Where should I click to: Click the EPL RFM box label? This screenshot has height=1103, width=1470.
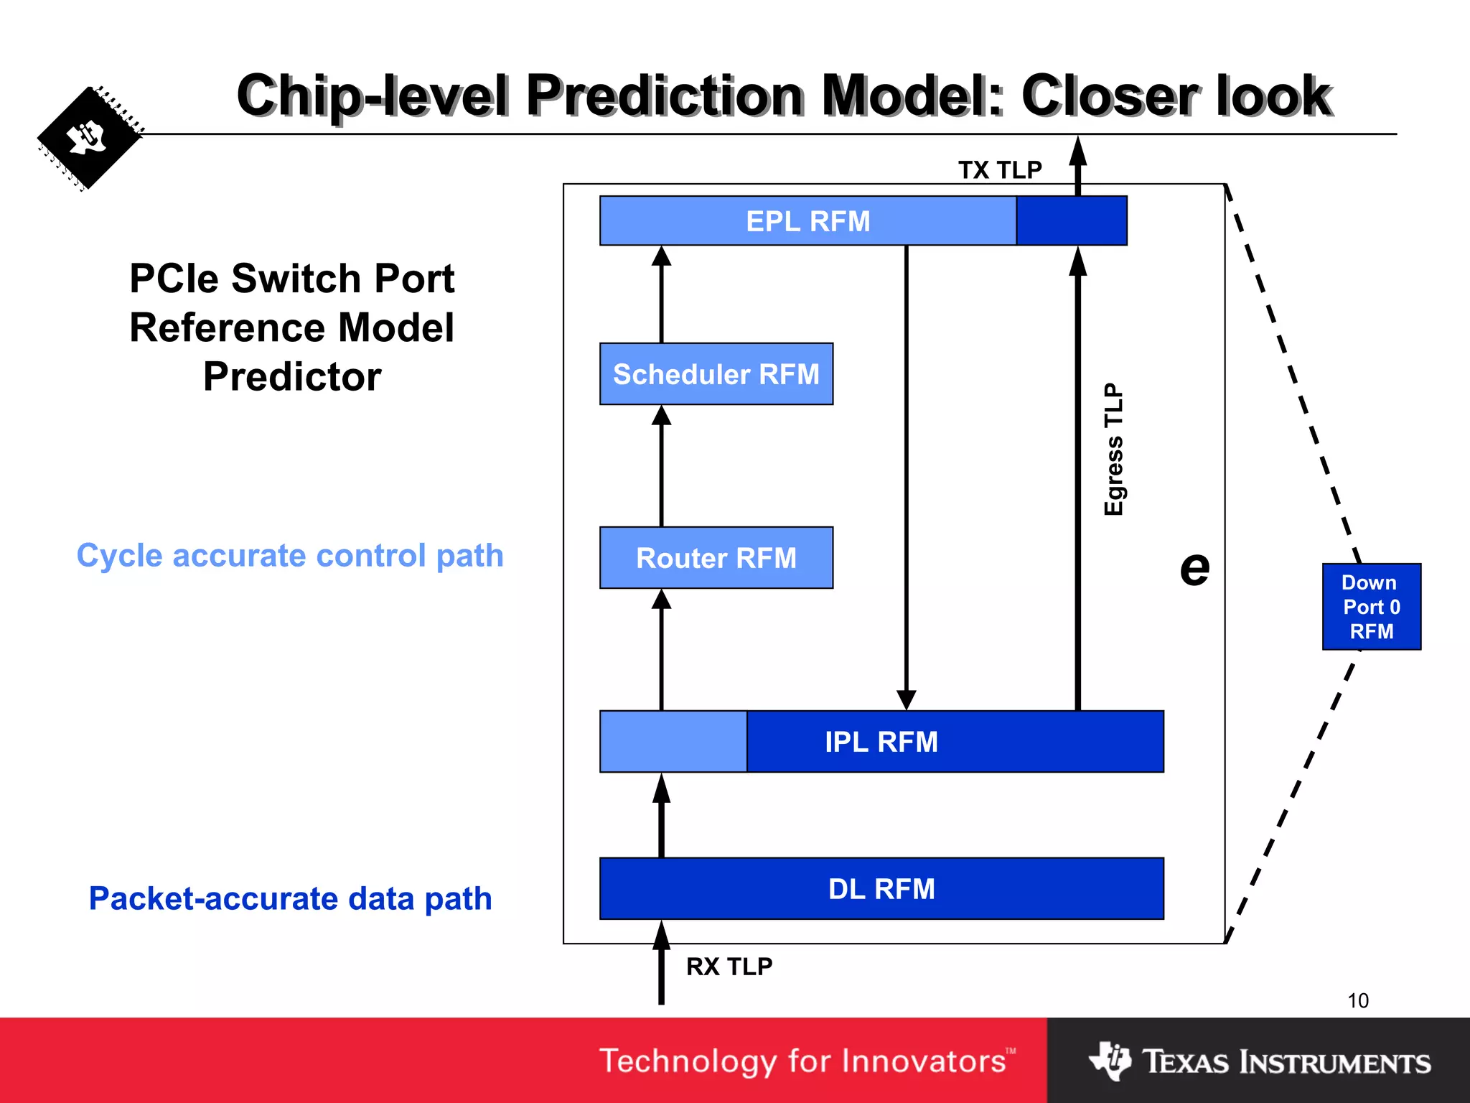[x=807, y=221]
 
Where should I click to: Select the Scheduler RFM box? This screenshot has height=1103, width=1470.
[x=716, y=374]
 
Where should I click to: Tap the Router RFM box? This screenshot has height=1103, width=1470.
[x=716, y=558]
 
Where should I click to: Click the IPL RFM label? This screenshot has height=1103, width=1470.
[x=881, y=742]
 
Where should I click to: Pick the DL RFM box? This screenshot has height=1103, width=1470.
[x=881, y=889]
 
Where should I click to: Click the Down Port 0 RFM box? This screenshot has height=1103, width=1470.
[x=1371, y=607]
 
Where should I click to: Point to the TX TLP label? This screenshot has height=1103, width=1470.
[x=999, y=170]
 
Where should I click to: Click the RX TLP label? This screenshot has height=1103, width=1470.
[x=729, y=967]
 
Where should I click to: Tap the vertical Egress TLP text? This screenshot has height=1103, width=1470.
[x=1113, y=449]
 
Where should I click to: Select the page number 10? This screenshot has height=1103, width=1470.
[x=1357, y=1000]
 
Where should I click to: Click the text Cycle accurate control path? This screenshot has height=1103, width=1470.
[x=290, y=556]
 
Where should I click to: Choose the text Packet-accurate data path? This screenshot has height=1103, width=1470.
[x=290, y=899]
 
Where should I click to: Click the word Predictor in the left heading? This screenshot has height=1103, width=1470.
[x=292, y=376]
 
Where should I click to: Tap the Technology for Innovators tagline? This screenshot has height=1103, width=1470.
[x=807, y=1061]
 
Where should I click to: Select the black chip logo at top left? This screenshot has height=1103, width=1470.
[x=88, y=139]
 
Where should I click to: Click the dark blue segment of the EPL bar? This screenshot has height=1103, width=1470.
[x=1071, y=221]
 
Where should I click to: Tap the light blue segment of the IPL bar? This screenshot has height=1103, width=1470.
[x=673, y=742]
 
